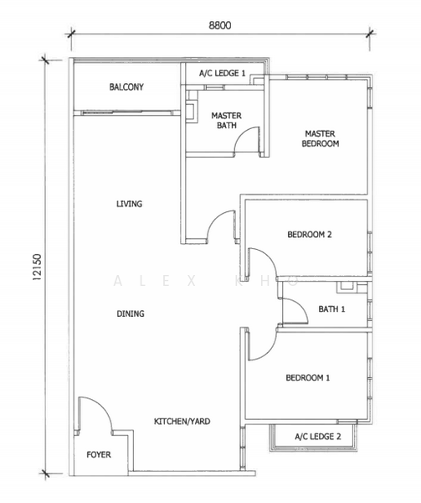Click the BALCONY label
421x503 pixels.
pos(126,87)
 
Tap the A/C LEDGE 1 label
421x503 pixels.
pos(222,74)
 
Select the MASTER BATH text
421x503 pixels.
pos(226,121)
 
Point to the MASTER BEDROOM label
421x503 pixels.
pos(321,138)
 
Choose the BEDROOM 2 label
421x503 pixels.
pos(310,235)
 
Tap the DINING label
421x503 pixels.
pos(130,314)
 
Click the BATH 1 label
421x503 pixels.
pos(331,309)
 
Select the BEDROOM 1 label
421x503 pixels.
pos(308,378)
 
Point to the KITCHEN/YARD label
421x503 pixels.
pos(182,422)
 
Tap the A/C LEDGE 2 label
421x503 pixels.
pos(318,438)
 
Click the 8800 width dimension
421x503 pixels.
pos(220,25)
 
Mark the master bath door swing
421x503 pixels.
pos(247,142)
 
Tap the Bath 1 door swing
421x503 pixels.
pos(294,312)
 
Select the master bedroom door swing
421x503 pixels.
pos(221,226)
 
